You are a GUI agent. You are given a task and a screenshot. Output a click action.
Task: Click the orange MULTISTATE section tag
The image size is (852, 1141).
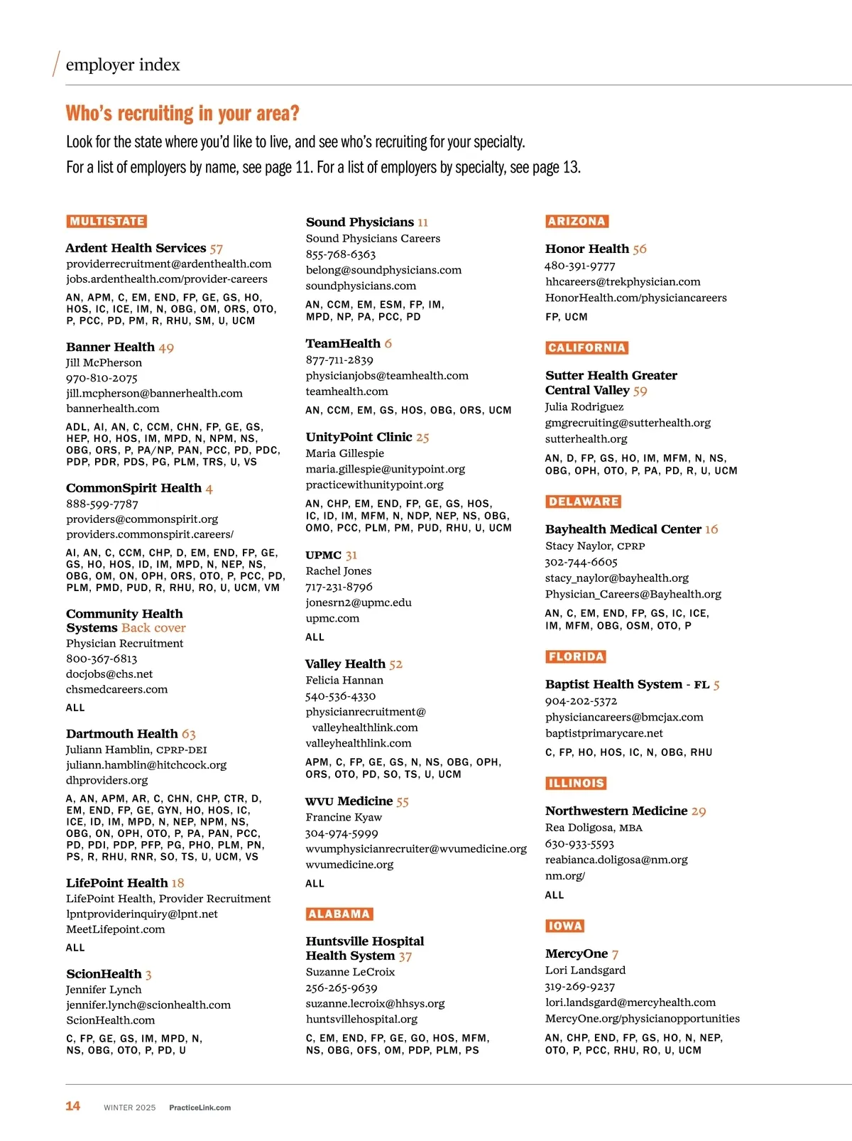tap(107, 221)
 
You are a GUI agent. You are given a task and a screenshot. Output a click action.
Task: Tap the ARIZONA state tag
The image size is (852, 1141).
tap(577, 221)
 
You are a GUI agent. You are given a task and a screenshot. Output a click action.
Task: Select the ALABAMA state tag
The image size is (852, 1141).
tap(339, 914)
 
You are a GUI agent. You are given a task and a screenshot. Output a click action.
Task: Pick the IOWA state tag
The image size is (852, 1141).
tap(565, 926)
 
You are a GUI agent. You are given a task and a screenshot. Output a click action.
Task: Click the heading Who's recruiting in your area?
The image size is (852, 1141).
tap(182, 114)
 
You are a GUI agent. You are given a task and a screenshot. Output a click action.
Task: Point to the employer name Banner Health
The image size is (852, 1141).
tap(110, 347)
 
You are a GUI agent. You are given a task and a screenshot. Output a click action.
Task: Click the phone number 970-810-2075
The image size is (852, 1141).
tap(102, 378)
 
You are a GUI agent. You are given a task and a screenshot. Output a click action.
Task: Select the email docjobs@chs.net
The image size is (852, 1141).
tap(109, 674)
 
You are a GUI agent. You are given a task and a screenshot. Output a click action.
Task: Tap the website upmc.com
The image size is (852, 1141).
tap(332, 618)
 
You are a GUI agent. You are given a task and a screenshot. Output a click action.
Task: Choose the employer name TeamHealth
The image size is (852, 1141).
tap(343, 343)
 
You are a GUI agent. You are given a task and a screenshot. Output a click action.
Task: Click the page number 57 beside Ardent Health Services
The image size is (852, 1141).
tap(217, 249)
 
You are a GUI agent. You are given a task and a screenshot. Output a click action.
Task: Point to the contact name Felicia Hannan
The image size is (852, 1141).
tap(344, 680)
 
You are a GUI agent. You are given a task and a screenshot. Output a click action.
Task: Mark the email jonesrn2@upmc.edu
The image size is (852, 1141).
tap(359, 602)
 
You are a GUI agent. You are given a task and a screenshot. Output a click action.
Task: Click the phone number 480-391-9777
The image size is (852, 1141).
tap(580, 266)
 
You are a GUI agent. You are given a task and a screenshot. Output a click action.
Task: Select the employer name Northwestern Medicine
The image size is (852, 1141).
tap(616, 811)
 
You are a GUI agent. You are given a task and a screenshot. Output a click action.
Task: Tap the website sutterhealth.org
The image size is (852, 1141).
tap(586, 438)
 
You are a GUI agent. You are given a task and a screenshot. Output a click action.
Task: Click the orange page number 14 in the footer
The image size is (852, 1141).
tap(72, 1105)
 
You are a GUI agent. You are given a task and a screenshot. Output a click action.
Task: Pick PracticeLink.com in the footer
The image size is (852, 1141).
tap(200, 1108)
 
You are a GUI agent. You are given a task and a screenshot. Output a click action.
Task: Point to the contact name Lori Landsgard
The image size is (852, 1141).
tap(586, 970)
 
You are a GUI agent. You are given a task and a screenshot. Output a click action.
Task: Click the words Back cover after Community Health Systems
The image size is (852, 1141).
tap(153, 627)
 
